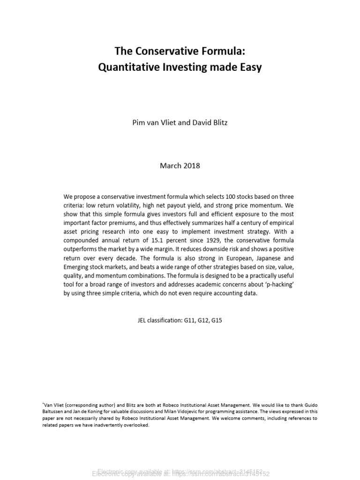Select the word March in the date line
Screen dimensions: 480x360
pyautogui.click(x=170, y=165)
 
